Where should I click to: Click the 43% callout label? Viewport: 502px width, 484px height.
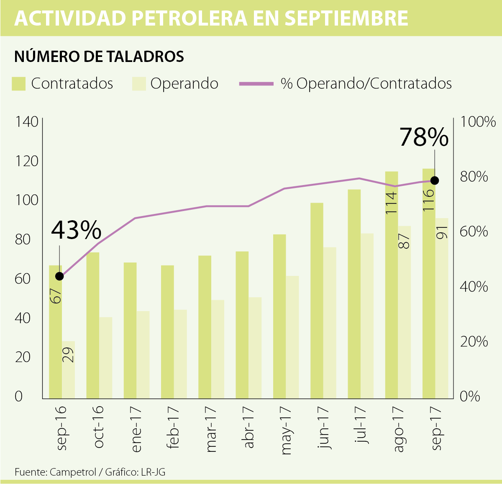click(x=76, y=230)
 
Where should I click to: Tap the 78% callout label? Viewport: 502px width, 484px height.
click(x=424, y=137)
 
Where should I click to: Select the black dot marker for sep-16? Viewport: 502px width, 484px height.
click(x=59, y=276)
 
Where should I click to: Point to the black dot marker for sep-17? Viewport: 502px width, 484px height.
click(x=435, y=180)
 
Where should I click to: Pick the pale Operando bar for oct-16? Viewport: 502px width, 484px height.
click(x=105, y=357)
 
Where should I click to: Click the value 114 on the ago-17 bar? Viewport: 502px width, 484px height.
click(x=391, y=203)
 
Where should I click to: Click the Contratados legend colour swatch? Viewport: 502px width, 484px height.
click(x=19, y=84)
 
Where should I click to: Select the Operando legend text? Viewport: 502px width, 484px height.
click(x=184, y=84)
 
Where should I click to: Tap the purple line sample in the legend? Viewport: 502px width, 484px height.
click(x=256, y=84)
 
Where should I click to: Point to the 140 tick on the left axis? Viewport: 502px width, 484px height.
click(x=26, y=122)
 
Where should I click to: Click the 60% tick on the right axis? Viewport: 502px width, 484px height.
click(x=474, y=232)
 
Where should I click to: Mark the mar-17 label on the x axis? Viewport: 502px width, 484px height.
click(x=212, y=429)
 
